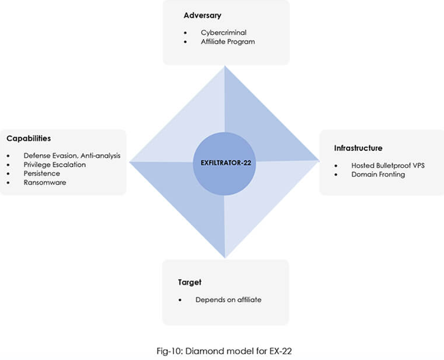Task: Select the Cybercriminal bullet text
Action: pos(224,32)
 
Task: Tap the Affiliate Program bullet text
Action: pos(228,41)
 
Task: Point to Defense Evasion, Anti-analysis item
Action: pos(72,156)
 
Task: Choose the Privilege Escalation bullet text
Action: pos(55,164)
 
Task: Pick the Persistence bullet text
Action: pos(42,173)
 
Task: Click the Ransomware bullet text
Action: pos(45,183)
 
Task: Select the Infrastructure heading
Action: pos(358,148)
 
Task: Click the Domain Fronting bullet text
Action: pos(378,174)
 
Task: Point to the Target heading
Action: pos(189,282)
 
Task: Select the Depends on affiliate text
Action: pos(228,300)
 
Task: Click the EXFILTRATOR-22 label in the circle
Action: pos(224,163)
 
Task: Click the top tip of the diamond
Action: pos(225,66)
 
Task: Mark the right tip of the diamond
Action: pos(318,160)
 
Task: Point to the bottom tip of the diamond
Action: pos(225,257)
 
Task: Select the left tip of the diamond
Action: pos(130,161)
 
